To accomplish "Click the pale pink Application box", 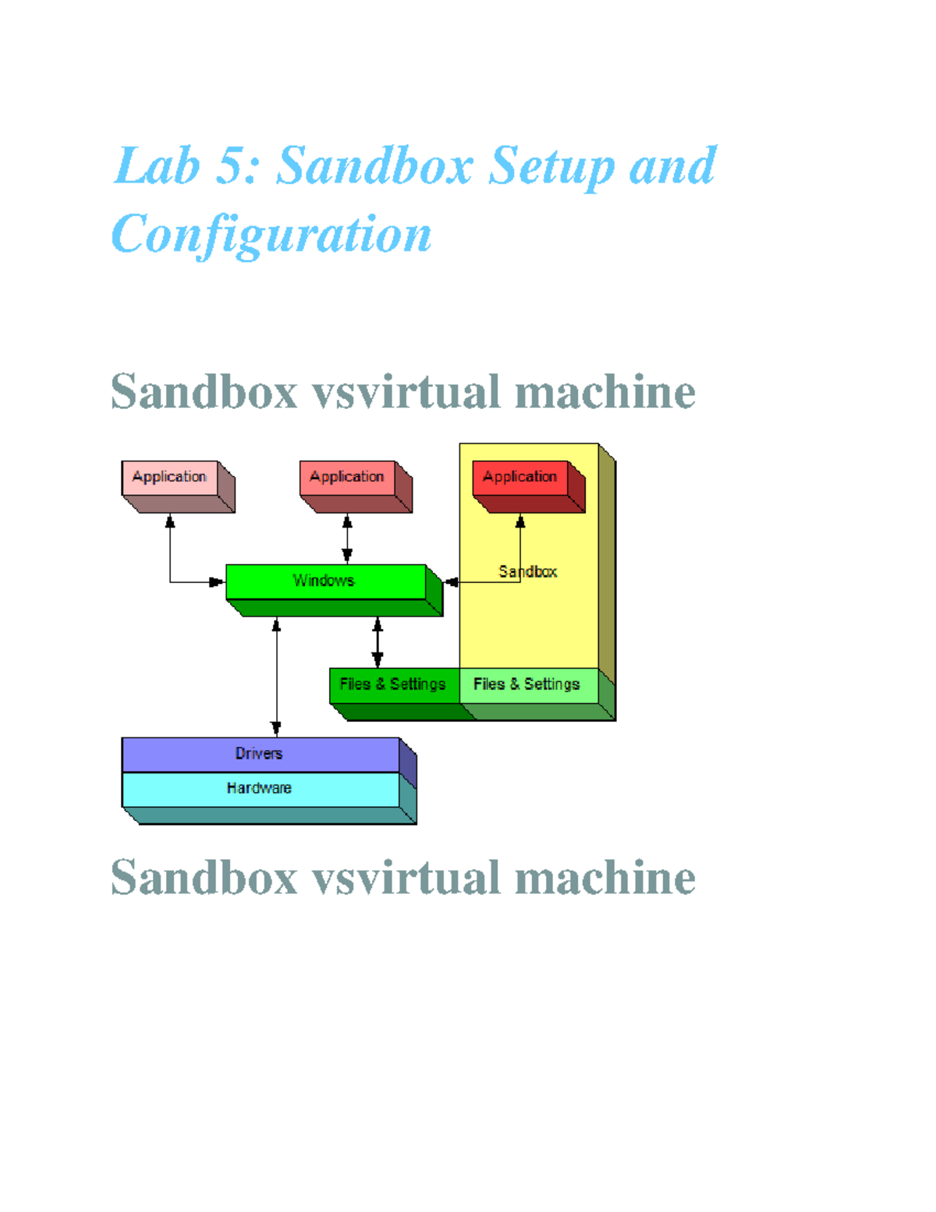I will (169, 477).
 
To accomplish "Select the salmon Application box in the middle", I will (347, 477).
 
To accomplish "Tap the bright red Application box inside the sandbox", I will (520, 477).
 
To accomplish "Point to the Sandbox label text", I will (528, 571).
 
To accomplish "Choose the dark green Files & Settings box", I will (393, 684).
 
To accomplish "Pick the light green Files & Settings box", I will (527, 684).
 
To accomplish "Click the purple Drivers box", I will (260, 754).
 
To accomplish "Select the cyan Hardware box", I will (260, 789).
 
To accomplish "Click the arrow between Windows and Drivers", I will (276, 676).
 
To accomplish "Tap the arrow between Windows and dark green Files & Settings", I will (378, 642).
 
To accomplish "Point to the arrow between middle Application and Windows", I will (347, 538).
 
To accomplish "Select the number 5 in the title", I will (232, 166).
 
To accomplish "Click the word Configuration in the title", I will (271, 235).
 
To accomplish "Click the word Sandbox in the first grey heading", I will (204, 392).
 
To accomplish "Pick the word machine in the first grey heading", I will (605, 392).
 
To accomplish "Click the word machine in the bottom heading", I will (605, 878).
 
